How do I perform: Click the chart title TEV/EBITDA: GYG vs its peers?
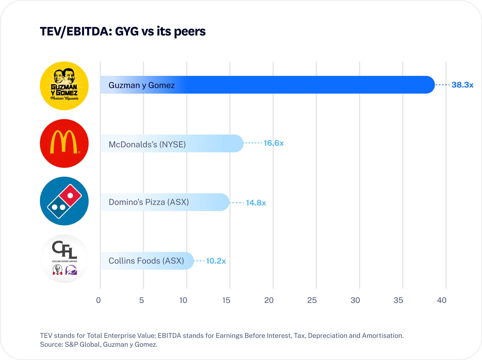(123, 31)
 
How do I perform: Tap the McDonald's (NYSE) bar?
(172, 143)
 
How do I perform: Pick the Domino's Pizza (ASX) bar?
(165, 202)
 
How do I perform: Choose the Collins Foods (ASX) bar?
(147, 261)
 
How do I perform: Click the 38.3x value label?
(462, 85)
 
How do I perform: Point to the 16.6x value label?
(274, 143)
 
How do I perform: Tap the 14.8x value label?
(256, 203)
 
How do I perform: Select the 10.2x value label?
(216, 261)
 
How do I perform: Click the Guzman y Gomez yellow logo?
(64, 86)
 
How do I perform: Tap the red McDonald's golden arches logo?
(64, 143)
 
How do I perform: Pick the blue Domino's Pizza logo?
(64, 201)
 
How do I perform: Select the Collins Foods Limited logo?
(64, 259)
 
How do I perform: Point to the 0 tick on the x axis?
(98, 300)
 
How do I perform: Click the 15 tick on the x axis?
(226, 300)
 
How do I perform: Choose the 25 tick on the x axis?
(312, 300)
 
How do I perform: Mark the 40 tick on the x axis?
(442, 300)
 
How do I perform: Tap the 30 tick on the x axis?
(355, 300)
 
